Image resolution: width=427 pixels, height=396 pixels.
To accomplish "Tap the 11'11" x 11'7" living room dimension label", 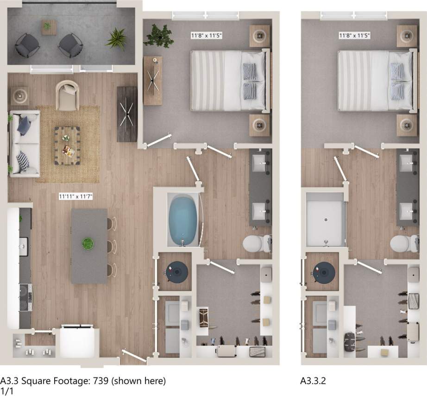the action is point(76,196).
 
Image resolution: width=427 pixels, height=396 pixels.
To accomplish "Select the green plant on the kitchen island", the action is point(88,243).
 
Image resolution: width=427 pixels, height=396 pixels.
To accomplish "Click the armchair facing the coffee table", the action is point(67,95).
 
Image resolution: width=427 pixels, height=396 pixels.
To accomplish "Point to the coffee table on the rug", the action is point(67,146).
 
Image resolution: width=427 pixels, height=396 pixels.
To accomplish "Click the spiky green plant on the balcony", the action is point(117,39).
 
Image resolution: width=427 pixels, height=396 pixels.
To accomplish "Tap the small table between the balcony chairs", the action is point(49,27).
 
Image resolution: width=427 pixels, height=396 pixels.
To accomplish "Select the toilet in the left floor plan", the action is point(257,244).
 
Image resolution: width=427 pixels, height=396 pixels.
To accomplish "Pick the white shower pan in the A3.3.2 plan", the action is point(326,220).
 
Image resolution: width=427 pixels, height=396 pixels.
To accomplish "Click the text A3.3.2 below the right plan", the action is point(313,380).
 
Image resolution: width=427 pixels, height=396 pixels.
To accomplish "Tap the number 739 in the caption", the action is point(101,380).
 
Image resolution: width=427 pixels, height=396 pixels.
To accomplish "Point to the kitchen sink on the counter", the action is point(23,246).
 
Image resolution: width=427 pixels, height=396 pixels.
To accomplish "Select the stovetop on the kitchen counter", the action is point(25,297).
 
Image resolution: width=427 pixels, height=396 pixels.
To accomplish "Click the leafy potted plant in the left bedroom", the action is point(158,36).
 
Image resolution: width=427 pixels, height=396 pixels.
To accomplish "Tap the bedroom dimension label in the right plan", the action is point(354,35).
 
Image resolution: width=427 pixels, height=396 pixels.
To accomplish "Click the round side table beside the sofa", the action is point(19,96).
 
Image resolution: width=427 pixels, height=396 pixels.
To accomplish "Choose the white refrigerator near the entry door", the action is point(77,342).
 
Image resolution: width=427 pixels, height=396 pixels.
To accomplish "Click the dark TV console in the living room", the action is point(127,114).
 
